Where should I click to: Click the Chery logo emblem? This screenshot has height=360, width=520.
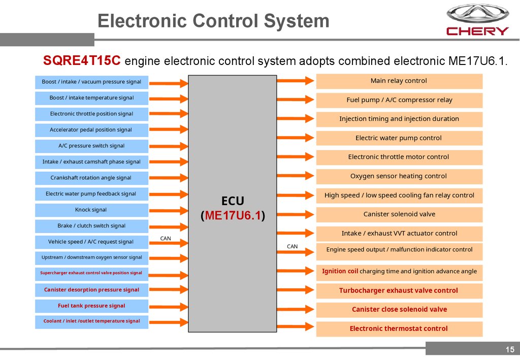click(x=477, y=14)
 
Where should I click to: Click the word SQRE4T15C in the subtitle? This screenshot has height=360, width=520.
click(x=82, y=61)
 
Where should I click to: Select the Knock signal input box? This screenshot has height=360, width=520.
click(x=91, y=210)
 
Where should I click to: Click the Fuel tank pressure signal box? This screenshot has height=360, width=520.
click(x=91, y=306)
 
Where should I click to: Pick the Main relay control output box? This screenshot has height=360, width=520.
click(x=399, y=81)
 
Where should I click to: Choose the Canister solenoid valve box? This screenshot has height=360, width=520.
click(x=399, y=214)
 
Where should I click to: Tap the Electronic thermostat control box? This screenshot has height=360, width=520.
click(x=399, y=329)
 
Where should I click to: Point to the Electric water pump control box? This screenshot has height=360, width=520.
click(x=399, y=138)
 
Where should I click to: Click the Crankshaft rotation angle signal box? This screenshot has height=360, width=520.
click(x=91, y=178)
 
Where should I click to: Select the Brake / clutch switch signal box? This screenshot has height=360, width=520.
click(x=91, y=225)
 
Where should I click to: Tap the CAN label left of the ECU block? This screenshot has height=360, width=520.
click(x=166, y=238)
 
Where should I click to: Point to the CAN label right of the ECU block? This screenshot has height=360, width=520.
click(x=292, y=246)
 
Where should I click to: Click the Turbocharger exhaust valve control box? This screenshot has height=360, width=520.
click(x=399, y=290)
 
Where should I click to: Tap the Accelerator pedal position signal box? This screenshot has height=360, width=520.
click(x=91, y=129)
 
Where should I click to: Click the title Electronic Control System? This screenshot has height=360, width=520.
click(x=213, y=21)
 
